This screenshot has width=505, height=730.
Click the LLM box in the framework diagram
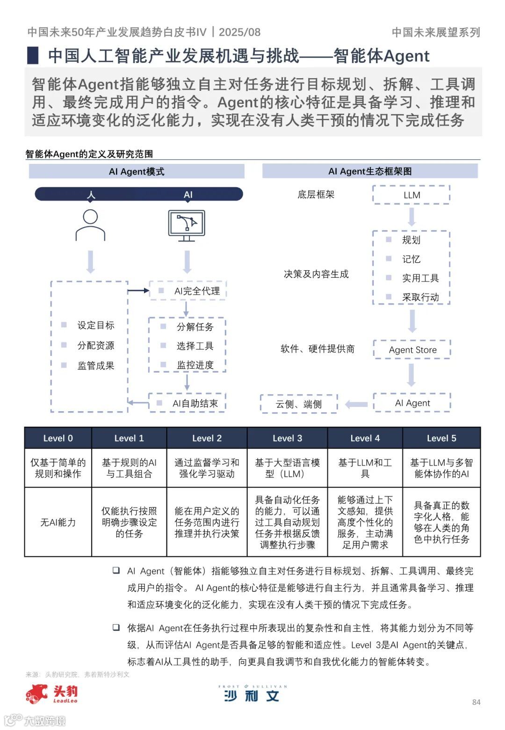[411, 195]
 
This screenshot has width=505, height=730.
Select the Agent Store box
[412, 350]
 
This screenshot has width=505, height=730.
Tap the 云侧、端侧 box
[298, 404]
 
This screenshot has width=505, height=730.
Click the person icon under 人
[90, 225]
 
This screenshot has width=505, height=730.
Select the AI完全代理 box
[188, 291]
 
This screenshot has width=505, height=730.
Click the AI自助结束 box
[187, 403]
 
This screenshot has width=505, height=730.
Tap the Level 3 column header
[287, 438]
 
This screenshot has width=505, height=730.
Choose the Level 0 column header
[58, 438]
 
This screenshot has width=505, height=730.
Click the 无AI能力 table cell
[58, 522]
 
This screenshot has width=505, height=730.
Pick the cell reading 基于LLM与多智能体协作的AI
[441, 468]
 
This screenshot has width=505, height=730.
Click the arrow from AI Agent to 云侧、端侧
[356, 404]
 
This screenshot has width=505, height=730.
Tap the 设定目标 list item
[95, 325]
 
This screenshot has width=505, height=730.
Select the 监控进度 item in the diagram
[195, 365]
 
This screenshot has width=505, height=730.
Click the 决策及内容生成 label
[316, 274]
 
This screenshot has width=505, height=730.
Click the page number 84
[476, 702]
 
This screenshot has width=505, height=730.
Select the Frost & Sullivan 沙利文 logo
[252, 694]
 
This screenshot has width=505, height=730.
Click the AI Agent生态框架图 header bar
[370, 171]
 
